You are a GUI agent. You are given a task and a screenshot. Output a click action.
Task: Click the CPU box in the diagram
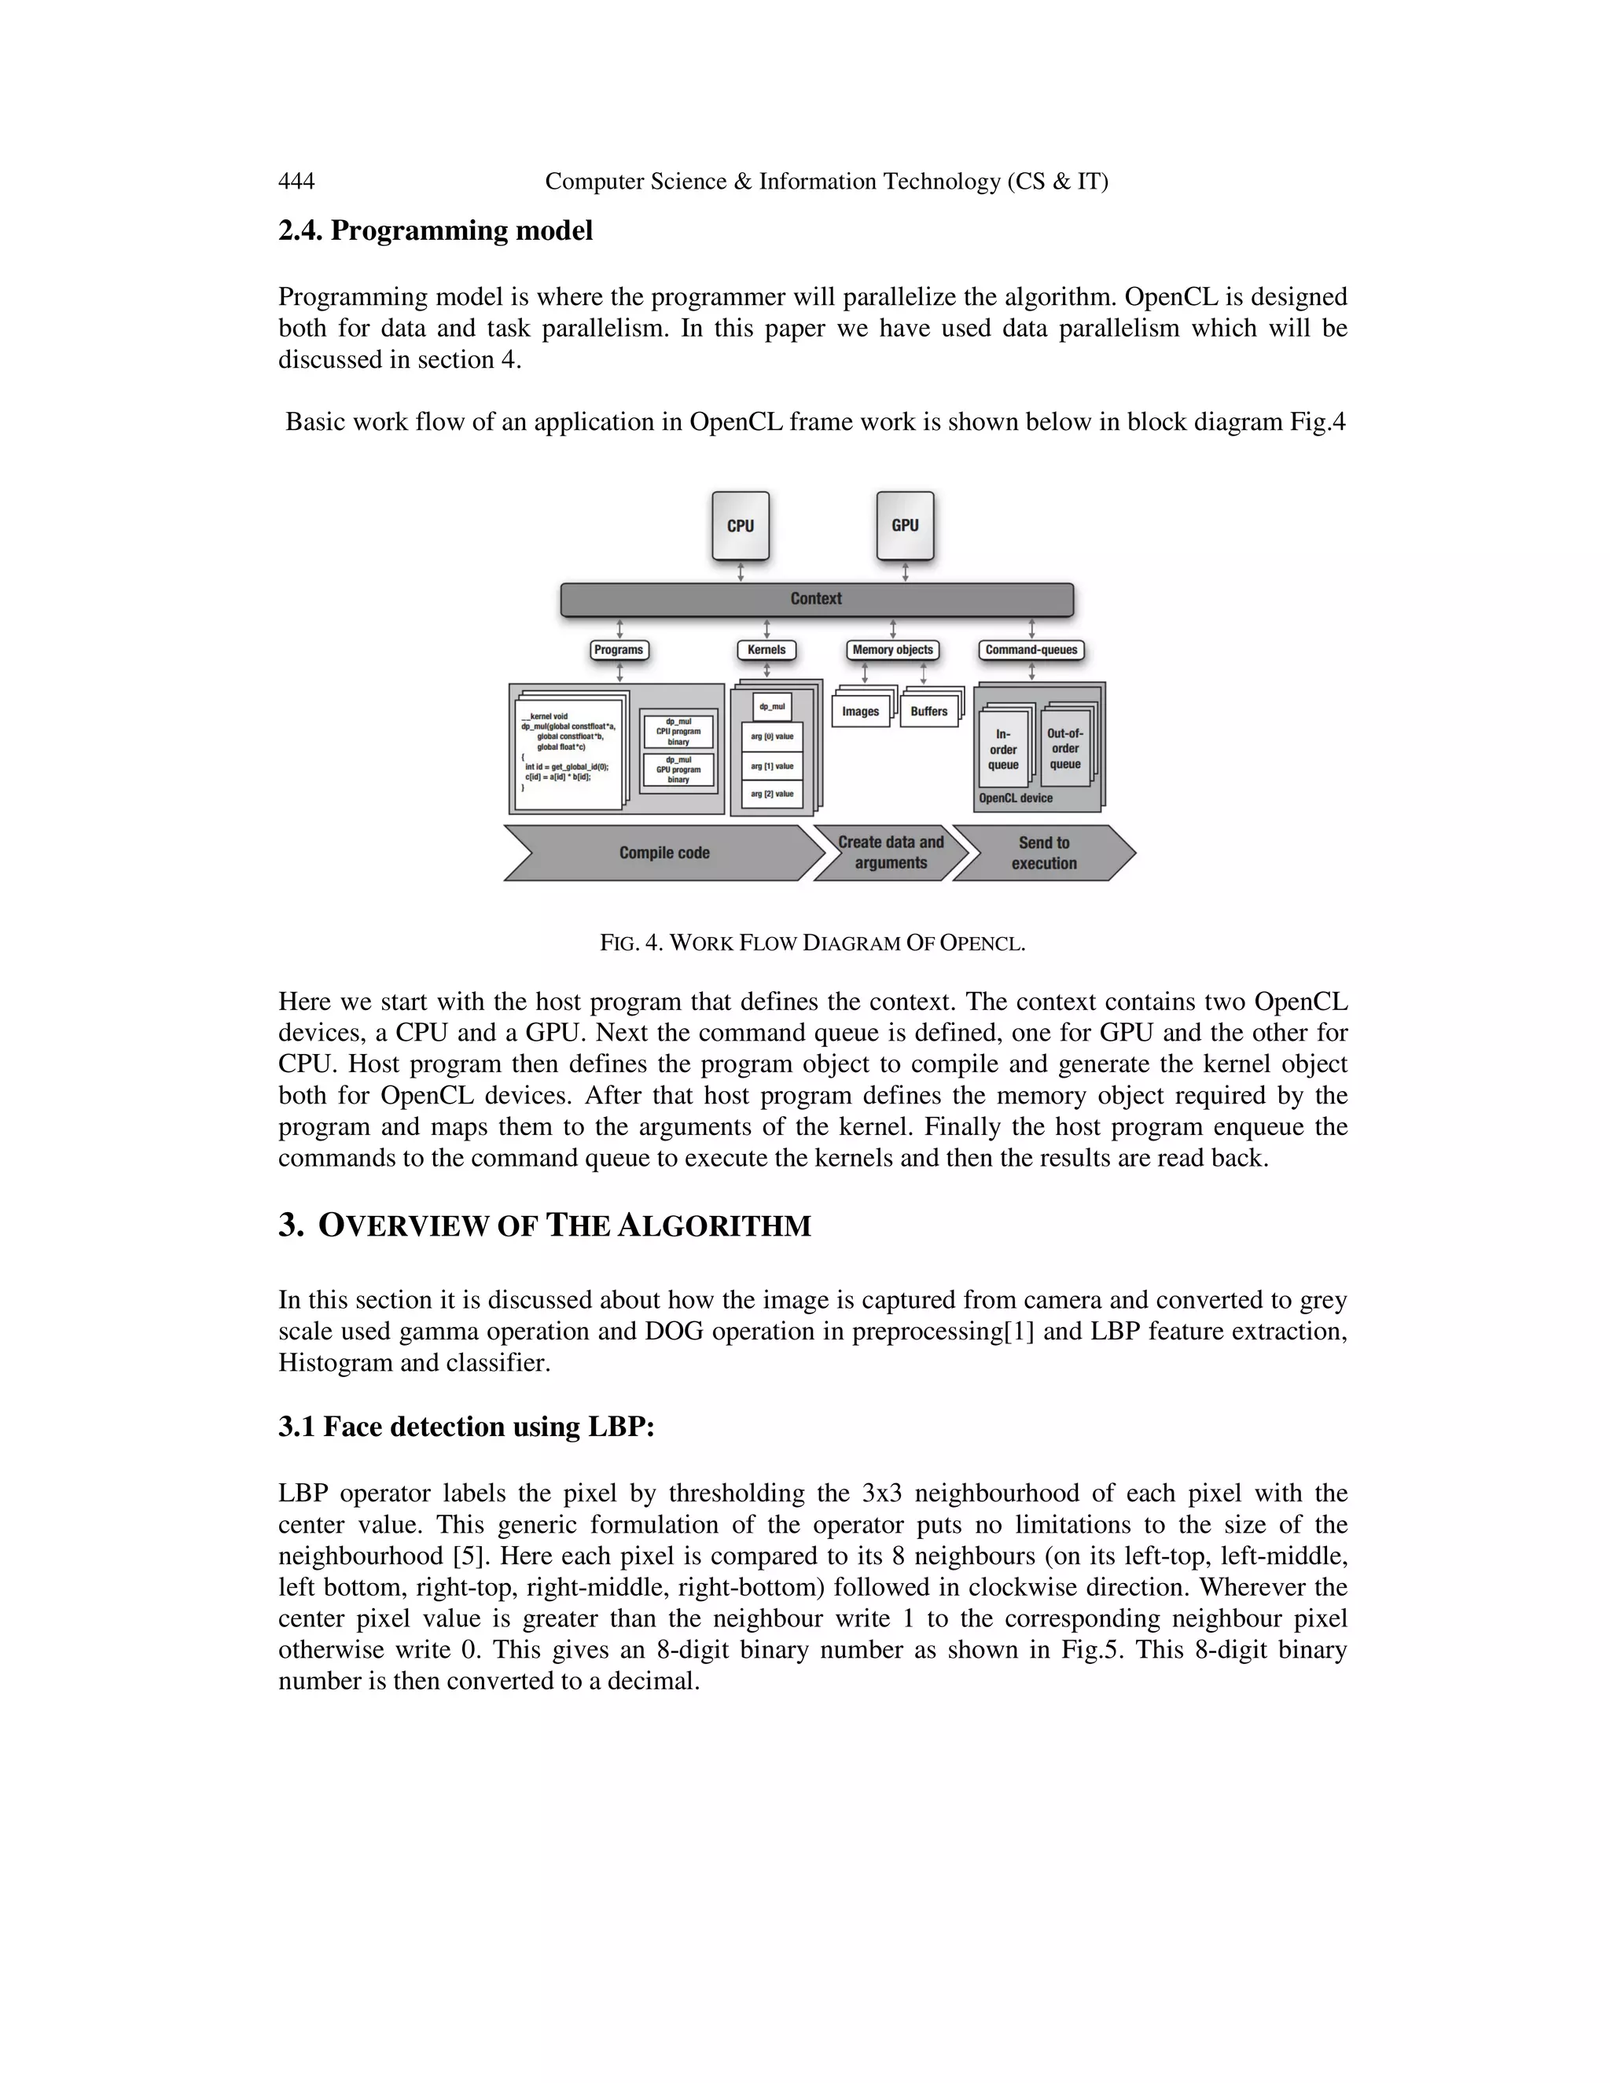click(x=740, y=526)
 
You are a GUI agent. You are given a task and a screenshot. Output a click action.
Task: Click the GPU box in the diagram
click(x=904, y=526)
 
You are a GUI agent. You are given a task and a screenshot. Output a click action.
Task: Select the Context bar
click(x=817, y=599)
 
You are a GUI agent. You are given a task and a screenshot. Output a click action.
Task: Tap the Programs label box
click(x=619, y=651)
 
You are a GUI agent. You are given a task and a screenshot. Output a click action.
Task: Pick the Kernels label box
click(x=766, y=651)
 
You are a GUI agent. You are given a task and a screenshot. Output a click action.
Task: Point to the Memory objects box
click(x=893, y=651)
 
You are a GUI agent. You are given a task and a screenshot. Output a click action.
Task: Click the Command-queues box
click(x=1031, y=651)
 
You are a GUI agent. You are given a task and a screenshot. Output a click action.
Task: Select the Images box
click(x=860, y=711)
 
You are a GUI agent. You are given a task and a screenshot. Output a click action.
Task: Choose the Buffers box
click(x=929, y=711)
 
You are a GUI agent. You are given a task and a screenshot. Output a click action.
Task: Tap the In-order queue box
click(x=1003, y=750)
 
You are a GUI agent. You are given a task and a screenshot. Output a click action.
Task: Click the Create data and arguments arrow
click(x=890, y=853)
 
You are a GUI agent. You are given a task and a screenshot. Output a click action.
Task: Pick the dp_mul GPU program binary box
click(x=678, y=770)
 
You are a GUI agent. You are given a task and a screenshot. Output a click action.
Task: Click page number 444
click(x=296, y=182)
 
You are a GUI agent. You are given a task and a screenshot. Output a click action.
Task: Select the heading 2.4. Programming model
click(x=435, y=231)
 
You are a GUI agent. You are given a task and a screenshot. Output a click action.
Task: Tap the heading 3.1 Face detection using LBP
click(x=466, y=1427)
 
